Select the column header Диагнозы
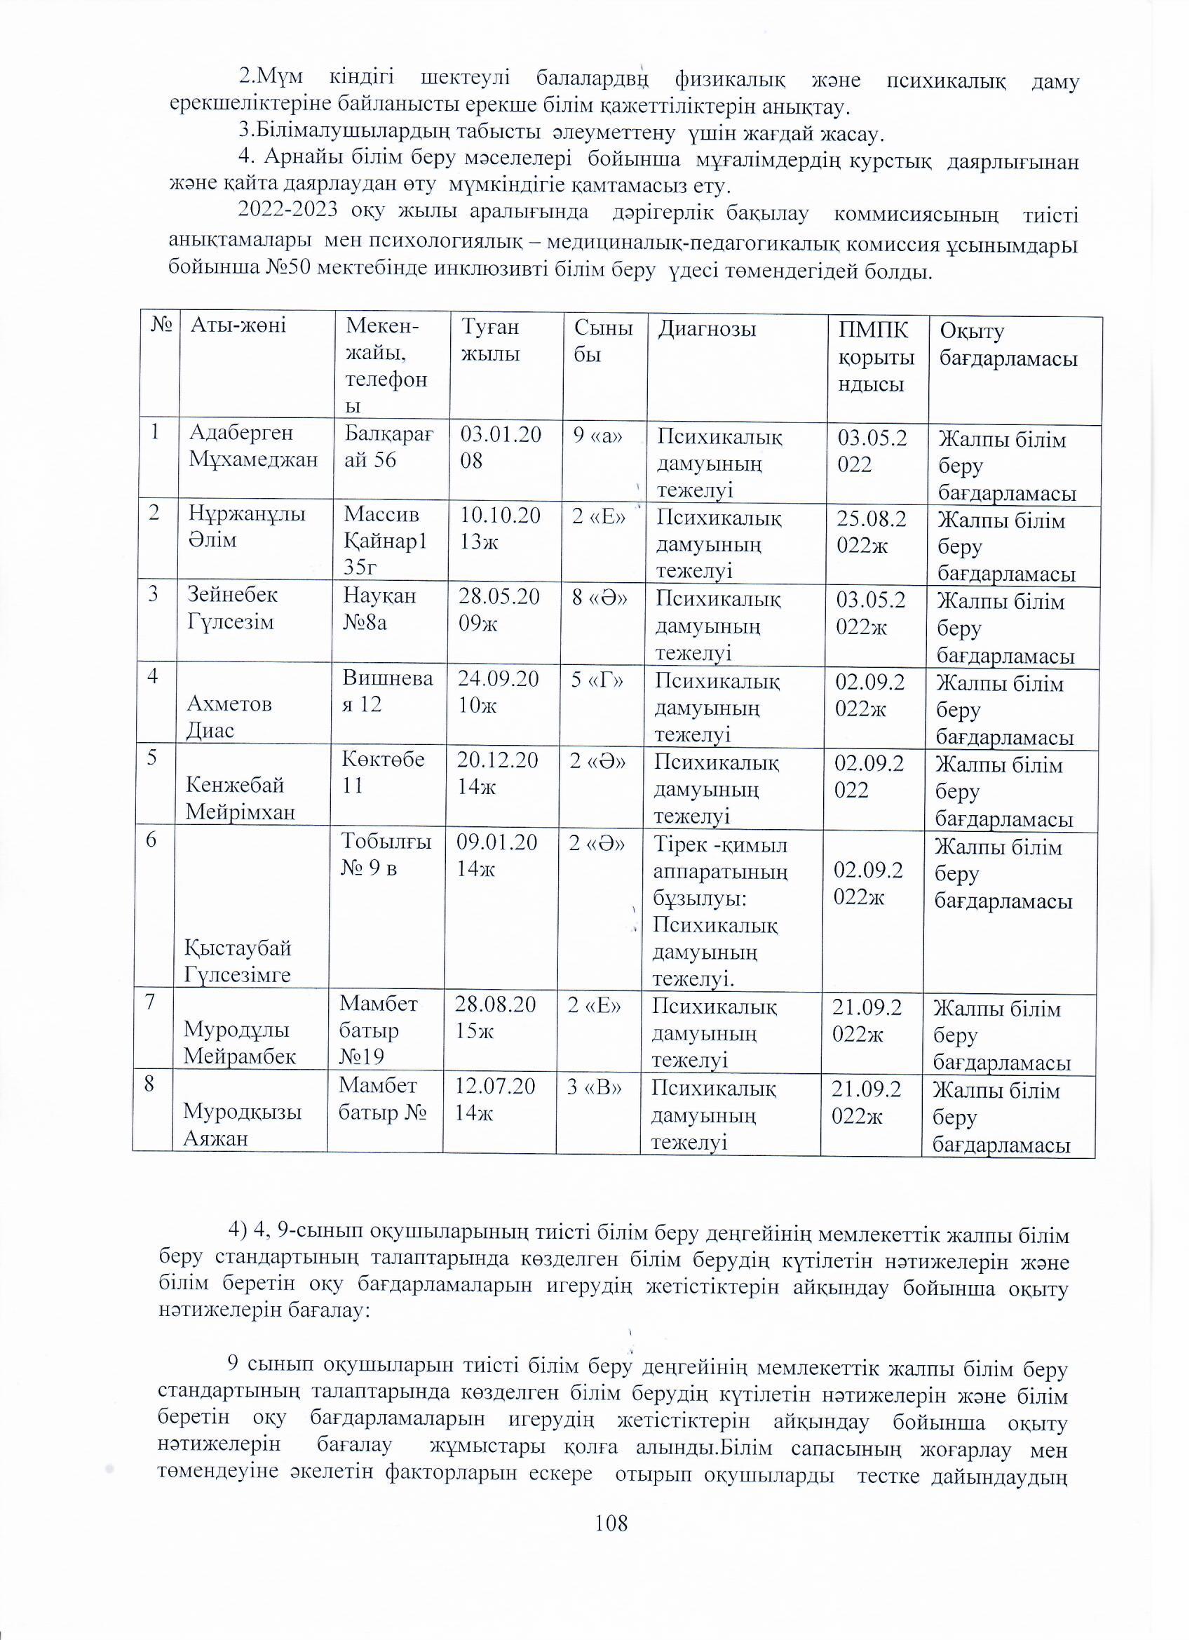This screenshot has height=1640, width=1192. tap(706, 330)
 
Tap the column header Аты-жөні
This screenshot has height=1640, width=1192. tap(238, 326)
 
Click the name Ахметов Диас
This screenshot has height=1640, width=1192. tap(229, 717)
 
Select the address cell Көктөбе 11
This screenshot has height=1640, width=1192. tap(383, 772)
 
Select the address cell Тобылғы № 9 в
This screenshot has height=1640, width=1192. tap(386, 854)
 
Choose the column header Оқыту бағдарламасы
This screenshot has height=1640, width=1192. tap(1008, 345)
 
